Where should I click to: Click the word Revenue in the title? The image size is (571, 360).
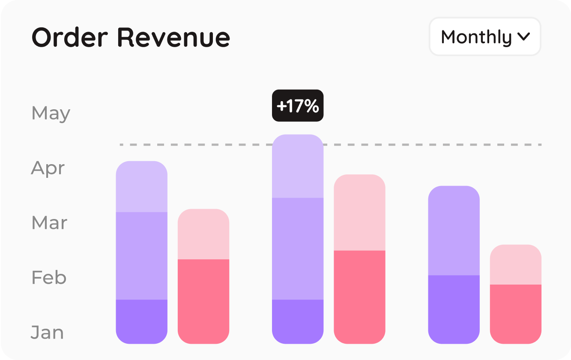click(173, 37)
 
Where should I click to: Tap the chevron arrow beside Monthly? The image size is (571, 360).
click(523, 37)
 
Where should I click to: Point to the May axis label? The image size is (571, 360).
click(51, 113)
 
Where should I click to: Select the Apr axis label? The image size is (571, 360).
click(48, 168)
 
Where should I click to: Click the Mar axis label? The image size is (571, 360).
click(49, 223)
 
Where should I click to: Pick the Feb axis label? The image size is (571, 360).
click(49, 278)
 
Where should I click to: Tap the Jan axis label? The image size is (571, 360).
click(47, 333)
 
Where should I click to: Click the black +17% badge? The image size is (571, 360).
click(298, 106)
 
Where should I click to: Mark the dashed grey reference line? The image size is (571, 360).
click(428, 145)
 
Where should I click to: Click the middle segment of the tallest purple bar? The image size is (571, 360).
click(298, 249)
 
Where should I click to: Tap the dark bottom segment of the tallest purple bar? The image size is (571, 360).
click(298, 321)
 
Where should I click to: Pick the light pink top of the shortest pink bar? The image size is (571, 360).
click(516, 265)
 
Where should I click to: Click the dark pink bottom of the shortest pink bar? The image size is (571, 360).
click(516, 314)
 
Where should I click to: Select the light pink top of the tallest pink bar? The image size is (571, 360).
click(360, 213)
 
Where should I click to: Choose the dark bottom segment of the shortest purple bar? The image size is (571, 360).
click(454, 309)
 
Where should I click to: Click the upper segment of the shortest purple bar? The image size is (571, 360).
click(454, 231)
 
